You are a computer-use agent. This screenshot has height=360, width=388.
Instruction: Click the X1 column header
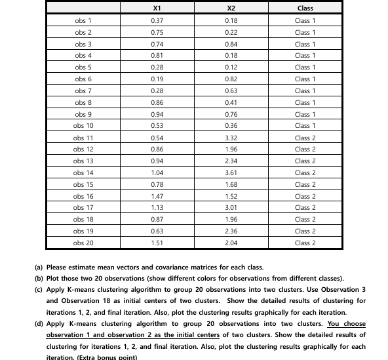coord(157,9)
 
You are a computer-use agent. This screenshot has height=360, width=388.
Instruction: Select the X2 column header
coord(231,9)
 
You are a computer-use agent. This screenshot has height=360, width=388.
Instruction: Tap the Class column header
coord(305,9)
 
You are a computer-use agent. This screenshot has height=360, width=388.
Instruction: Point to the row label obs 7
coord(83,90)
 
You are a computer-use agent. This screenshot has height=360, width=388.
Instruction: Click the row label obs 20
coord(83,243)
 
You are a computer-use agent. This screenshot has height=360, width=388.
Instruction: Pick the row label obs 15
coord(83,184)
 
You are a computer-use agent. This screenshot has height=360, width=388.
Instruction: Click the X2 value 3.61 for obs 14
coord(231,172)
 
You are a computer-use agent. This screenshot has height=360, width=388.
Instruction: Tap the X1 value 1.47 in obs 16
coord(157,196)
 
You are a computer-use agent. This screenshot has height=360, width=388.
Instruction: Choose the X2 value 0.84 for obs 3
coord(231,44)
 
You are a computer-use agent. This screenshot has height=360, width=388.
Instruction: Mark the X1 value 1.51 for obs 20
coord(157,243)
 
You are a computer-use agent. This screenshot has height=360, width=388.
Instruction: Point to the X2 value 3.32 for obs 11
coord(231,138)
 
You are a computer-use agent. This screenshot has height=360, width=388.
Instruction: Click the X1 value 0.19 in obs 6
coord(157,79)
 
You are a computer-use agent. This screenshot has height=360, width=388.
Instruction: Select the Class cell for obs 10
coord(305,125)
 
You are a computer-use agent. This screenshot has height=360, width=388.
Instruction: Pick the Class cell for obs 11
coord(305,138)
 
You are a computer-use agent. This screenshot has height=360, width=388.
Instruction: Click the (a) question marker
coord(39,268)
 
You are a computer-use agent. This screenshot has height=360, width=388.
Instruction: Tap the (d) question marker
coord(39,324)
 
